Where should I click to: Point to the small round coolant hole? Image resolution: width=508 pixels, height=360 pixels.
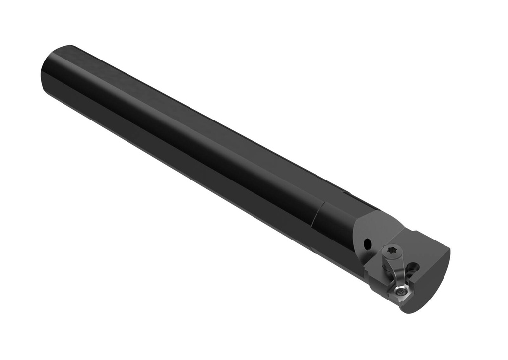[x=368, y=244]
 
